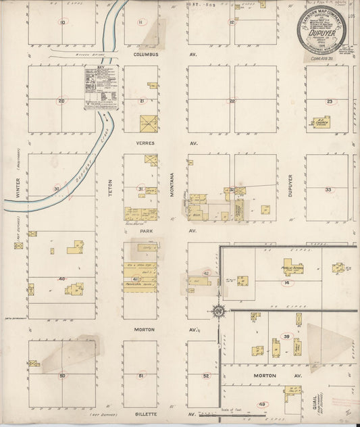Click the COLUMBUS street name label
coord(145,53)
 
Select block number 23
coord(330,101)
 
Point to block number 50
coord(62,375)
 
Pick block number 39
coord(286,336)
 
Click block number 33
coord(328,190)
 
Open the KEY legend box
coord(101,87)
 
